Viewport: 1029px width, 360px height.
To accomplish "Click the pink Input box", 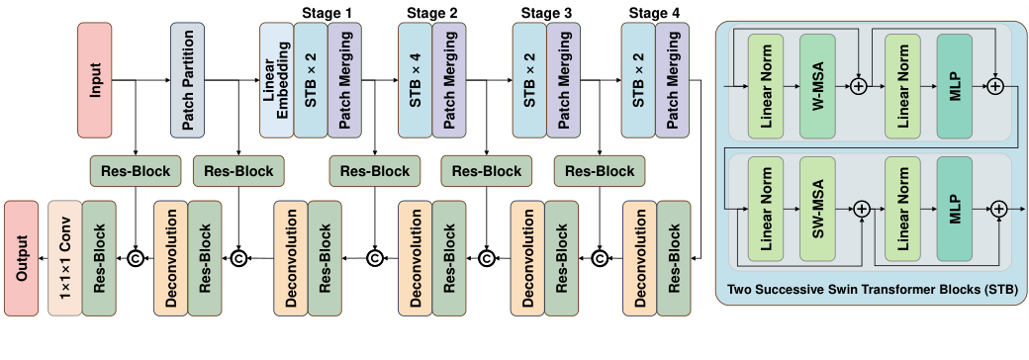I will click(96, 80).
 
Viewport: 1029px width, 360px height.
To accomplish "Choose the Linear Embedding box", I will click(276, 80).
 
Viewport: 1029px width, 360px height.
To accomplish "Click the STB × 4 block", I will click(415, 80).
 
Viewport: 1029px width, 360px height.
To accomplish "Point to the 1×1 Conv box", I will click(65, 258).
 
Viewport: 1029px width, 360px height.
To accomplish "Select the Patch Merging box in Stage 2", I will click(448, 80).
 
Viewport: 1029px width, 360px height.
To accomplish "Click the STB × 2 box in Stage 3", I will click(529, 80).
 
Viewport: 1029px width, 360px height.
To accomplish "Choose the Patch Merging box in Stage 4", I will click(673, 80).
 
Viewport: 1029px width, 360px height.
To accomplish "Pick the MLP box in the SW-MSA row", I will click(954, 211).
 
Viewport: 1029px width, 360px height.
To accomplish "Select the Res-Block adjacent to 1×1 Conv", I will click(99, 258).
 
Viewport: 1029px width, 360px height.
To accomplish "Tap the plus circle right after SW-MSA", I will click(861, 209).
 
